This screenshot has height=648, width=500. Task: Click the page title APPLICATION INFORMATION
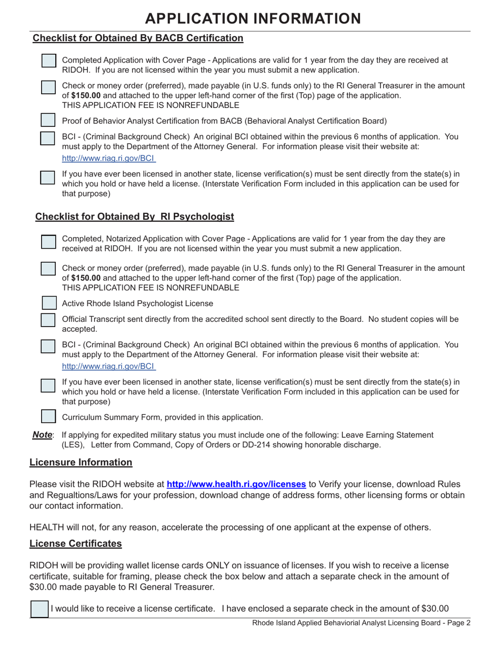pyautogui.click(x=253, y=18)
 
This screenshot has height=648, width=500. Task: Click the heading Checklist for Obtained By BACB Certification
pyautogui.click(x=138, y=38)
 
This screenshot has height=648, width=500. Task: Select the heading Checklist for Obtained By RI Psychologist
pyautogui.click(x=134, y=217)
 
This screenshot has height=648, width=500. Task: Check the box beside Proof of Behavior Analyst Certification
pyautogui.click(x=48, y=120)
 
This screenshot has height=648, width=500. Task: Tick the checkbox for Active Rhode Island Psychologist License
pyautogui.click(x=48, y=303)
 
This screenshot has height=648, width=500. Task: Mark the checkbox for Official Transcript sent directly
pyautogui.click(x=48, y=320)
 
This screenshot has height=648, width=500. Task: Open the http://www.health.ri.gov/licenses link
pyautogui.click(x=236, y=484)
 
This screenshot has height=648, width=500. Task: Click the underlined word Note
pyautogui.click(x=42, y=435)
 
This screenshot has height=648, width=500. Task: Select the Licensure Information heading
pyautogui.click(x=81, y=462)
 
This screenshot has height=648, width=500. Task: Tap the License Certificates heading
pyautogui.click(x=76, y=543)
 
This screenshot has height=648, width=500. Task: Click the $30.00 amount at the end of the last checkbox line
pyautogui.click(x=435, y=609)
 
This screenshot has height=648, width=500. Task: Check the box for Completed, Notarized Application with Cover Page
pyautogui.click(x=48, y=242)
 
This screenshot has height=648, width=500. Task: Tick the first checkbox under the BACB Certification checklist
pyautogui.click(x=48, y=61)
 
